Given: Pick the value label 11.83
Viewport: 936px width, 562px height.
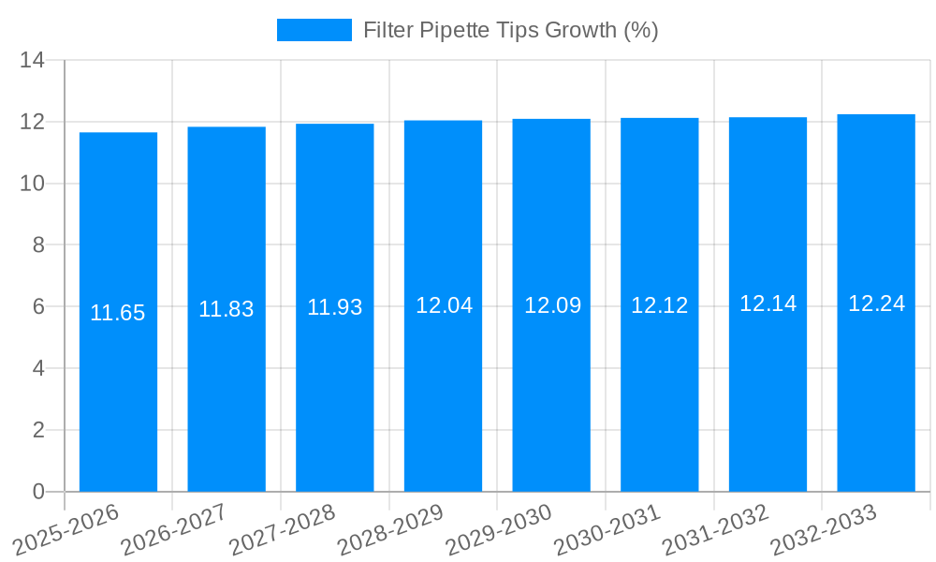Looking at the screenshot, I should pyautogui.click(x=227, y=309).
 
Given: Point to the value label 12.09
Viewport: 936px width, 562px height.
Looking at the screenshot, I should pyautogui.click(x=552, y=305).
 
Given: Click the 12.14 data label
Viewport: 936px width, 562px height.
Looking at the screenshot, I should pyautogui.click(x=768, y=303).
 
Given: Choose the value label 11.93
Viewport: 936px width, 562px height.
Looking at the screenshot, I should pyautogui.click(x=335, y=307).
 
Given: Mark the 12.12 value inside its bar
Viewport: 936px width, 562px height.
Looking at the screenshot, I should pyautogui.click(x=660, y=305).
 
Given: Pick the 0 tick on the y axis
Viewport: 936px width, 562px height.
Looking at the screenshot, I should pyautogui.click(x=38, y=492).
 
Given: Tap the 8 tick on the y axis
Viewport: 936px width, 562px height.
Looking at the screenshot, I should pyautogui.click(x=38, y=245).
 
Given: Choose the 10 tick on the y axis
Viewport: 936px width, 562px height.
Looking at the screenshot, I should pyautogui.click(x=33, y=184).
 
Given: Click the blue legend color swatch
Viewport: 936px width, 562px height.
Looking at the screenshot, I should pyautogui.click(x=314, y=30).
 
